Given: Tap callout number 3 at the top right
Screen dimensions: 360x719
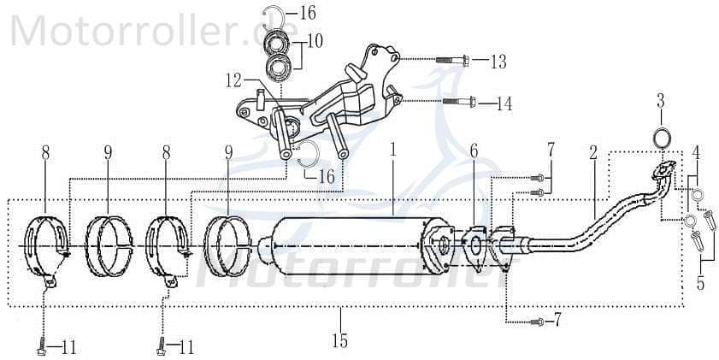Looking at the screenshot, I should tap(661, 101).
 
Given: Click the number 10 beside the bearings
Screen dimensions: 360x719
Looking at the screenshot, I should tap(315, 40).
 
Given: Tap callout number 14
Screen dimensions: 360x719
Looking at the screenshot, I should tap(504, 103).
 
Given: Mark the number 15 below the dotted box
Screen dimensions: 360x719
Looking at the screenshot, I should tap(339, 341).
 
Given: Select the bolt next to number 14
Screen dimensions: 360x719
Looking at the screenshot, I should tap(458, 103).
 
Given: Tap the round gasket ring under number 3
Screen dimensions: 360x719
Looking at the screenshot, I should tap(661, 137).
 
